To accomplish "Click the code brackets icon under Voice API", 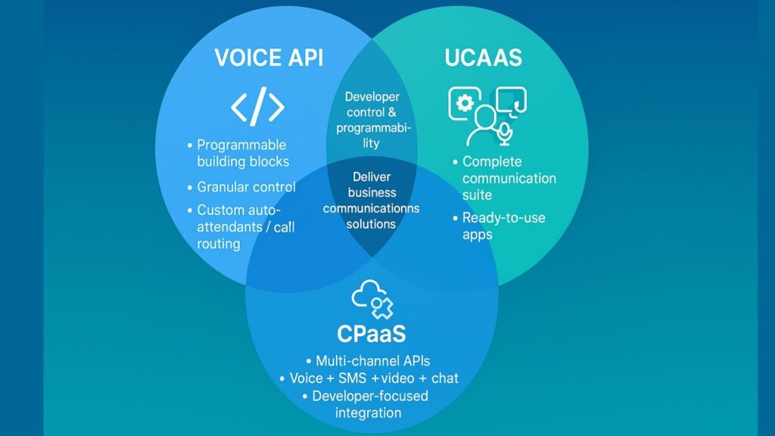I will coord(257,108).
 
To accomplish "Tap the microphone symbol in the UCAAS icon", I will coord(504,134).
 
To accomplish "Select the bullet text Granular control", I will coord(246,187).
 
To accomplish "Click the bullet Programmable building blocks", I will coord(242,153).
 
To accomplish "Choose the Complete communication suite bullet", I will coord(509,179).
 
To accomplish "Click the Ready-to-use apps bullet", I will coord(503,226).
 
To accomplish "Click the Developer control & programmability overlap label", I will coord(372,120).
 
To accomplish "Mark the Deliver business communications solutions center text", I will coord(372,201).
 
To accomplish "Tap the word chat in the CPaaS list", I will coord(444,378).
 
